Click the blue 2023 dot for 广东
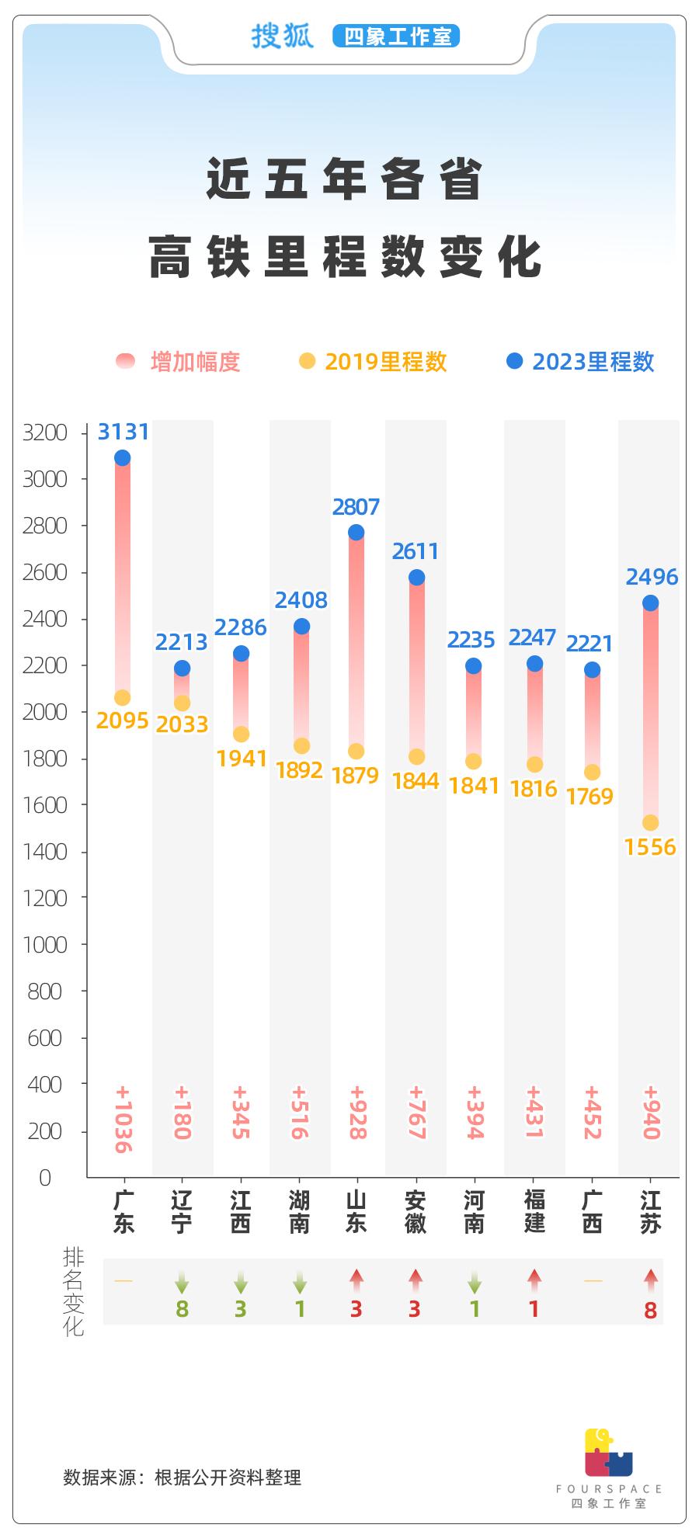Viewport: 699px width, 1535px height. point(122,458)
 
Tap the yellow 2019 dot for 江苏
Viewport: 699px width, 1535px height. point(650,823)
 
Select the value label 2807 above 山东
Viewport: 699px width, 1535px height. point(356,507)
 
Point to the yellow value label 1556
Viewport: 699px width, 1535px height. point(650,847)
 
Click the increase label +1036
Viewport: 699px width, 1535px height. point(123,1119)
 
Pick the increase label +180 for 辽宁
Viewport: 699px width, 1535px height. point(182,1112)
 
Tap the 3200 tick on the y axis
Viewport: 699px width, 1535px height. point(45,432)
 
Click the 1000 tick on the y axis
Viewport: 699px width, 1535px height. point(45,945)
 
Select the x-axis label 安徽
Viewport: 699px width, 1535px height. point(416,1212)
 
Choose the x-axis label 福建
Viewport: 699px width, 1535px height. point(534,1212)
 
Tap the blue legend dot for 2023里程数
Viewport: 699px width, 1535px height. point(514,361)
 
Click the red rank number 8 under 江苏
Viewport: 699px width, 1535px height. point(650,1311)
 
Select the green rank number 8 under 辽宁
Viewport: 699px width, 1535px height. point(182,1310)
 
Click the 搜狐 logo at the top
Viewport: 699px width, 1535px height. point(282,36)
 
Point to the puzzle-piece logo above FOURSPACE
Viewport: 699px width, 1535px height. point(608,1452)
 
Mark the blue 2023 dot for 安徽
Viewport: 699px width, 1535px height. point(416,578)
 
